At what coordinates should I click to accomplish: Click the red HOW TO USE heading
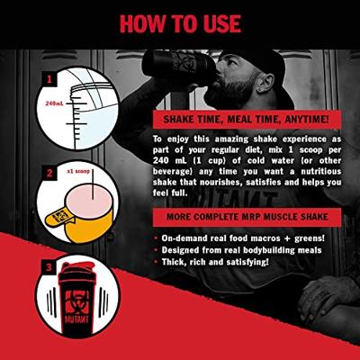180,23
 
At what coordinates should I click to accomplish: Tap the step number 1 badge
49,80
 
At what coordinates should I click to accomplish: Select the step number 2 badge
49,174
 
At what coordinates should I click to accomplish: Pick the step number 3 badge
49,267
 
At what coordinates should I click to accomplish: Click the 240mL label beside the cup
54,103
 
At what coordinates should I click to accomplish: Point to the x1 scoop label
79,172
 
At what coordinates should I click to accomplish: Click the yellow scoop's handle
58,217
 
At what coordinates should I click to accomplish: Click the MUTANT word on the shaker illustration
76,319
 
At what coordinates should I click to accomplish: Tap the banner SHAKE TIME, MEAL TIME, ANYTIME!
247,120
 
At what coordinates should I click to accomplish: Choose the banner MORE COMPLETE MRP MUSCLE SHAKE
247,217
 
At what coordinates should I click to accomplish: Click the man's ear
266,82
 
